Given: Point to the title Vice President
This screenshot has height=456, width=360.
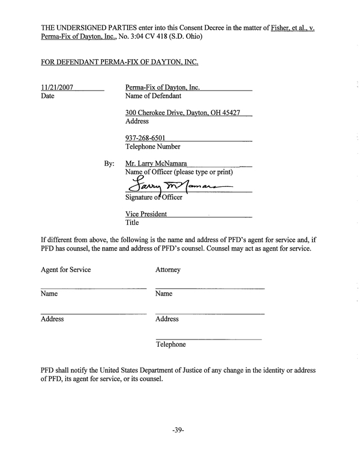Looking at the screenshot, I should (x=146, y=214).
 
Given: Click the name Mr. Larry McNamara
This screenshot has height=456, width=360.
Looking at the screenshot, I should (x=156, y=163).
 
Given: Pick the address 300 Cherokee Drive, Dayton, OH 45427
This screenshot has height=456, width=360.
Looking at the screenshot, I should (x=183, y=113).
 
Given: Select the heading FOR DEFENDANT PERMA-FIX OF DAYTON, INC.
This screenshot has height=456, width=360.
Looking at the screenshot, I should (x=120, y=61).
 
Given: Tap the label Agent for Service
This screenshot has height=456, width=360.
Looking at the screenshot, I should (x=66, y=270).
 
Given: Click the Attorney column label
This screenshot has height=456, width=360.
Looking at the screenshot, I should (x=168, y=270).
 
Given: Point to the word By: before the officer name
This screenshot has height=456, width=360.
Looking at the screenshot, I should (x=109, y=164).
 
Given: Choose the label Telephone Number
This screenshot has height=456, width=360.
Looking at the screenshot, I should (x=153, y=146).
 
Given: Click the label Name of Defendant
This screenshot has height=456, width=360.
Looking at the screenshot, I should (x=153, y=96).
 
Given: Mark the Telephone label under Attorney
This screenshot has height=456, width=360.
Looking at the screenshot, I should (x=170, y=344).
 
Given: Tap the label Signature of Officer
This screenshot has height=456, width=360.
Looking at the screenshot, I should (x=154, y=198).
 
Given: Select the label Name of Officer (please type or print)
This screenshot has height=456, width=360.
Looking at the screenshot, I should (x=179, y=172).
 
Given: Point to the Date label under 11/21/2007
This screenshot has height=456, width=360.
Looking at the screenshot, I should (x=48, y=96).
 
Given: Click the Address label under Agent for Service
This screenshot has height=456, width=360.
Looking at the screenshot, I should (x=52, y=319).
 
